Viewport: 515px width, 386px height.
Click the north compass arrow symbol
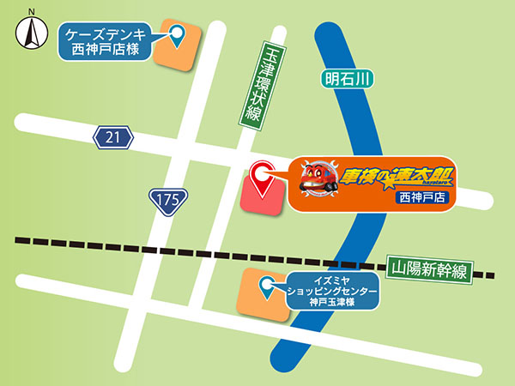coord(31,35)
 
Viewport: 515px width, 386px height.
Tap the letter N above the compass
coord(31,11)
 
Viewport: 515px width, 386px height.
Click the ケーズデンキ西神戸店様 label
coord(108,42)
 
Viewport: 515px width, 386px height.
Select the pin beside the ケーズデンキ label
coord(178,36)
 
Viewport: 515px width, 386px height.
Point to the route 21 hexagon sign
coord(115,136)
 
